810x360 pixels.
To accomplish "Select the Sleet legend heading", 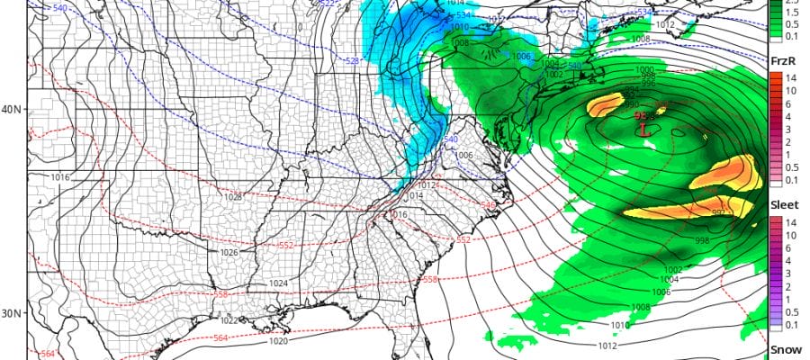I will (785, 205).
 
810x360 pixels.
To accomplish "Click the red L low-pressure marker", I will (644, 129).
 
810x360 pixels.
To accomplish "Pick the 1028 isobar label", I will (233, 196).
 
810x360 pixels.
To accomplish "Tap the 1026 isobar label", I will (229, 253).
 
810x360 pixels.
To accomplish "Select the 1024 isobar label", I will (278, 283).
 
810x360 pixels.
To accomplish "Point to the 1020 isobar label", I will (280, 342).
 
